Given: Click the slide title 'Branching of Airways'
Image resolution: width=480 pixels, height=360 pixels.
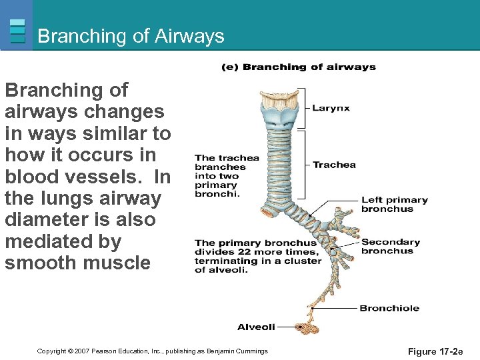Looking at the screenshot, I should pyautogui.click(x=131, y=36).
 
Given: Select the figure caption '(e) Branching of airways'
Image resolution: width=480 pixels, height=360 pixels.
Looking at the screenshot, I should pyautogui.click(x=299, y=67).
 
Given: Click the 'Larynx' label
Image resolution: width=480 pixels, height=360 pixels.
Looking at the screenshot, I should pyautogui.click(x=331, y=108).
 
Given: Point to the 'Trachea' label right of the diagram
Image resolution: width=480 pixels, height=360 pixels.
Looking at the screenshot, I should pyautogui.click(x=334, y=165).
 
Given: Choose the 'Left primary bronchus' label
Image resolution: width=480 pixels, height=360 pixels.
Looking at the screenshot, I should pyautogui.click(x=394, y=204).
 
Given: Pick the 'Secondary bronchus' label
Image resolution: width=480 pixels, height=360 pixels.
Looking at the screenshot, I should pyautogui.click(x=391, y=246).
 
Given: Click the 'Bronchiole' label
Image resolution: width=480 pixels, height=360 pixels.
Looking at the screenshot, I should pyautogui.click(x=389, y=308).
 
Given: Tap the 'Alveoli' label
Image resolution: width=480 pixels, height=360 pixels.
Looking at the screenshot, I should pyautogui.click(x=256, y=327).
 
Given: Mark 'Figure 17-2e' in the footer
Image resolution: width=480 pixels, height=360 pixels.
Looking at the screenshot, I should pyautogui.click(x=435, y=351).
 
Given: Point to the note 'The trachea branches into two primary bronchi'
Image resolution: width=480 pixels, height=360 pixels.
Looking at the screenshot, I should pyautogui.click(x=226, y=176).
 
